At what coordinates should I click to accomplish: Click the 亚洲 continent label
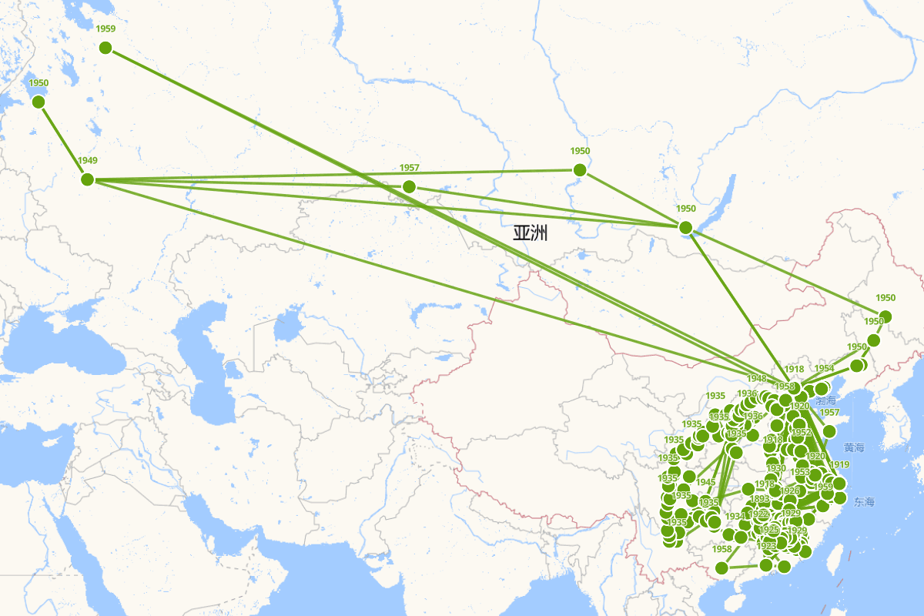click(x=530, y=233)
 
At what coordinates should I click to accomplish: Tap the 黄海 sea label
click(x=854, y=447)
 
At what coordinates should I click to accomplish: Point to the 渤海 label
click(x=825, y=400)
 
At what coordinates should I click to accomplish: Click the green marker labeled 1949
click(x=87, y=179)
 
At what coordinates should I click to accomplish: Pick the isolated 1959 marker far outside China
click(x=105, y=48)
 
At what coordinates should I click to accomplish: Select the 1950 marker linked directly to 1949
click(x=38, y=102)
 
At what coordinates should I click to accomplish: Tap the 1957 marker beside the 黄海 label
click(x=829, y=430)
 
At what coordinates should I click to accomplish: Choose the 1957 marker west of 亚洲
click(x=409, y=186)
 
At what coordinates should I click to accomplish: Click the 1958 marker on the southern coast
click(x=721, y=568)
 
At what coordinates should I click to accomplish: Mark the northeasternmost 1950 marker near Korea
click(x=885, y=316)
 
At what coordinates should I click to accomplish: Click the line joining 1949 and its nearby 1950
click(x=62, y=139)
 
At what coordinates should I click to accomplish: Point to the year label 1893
click(x=759, y=499)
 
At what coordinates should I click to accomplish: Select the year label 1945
click(x=705, y=482)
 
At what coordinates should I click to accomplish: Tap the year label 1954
click(x=824, y=369)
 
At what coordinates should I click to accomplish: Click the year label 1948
click(x=756, y=378)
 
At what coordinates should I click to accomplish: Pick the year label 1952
click(x=801, y=433)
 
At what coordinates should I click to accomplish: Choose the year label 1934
click(x=735, y=516)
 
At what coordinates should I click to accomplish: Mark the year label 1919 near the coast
click(x=839, y=464)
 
